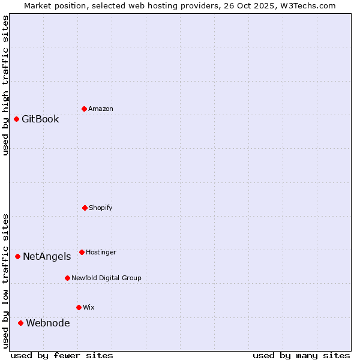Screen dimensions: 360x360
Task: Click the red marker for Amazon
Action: pyautogui.click(x=84, y=109)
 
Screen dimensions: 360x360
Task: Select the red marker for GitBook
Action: pyautogui.click(x=16, y=119)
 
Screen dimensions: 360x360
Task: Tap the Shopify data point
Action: pyautogui.click(x=85, y=208)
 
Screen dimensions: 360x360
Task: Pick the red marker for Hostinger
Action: pyautogui.click(x=82, y=252)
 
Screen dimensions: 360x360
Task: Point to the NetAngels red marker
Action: pyautogui.click(x=17, y=256)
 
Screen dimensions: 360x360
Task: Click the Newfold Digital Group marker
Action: pyautogui.click(x=67, y=278)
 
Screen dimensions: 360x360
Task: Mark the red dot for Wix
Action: pyautogui.click(x=79, y=307)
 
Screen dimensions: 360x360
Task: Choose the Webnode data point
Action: pyautogui.click(x=20, y=323)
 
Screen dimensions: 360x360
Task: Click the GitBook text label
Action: pyautogui.click(x=40, y=119)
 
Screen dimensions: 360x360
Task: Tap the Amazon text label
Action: pyautogui.click(x=101, y=109)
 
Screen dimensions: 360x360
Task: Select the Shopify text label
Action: pyautogui.click(x=101, y=208)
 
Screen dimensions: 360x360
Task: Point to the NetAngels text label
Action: pyautogui.click(x=47, y=256)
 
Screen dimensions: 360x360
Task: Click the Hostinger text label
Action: pyautogui.click(x=101, y=252)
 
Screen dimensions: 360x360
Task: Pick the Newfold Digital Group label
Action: pyautogui.click(x=106, y=278)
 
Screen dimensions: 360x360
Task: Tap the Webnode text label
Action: pyautogui.click(x=47, y=323)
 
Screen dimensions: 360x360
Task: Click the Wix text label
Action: pyautogui.click(x=89, y=307)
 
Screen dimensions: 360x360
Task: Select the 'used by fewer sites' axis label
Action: pyautogui.click(x=62, y=355)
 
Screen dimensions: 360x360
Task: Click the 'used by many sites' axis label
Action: pyautogui.click(x=301, y=355)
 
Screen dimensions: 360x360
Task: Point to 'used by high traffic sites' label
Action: pyautogui.click(x=5, y=85)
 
